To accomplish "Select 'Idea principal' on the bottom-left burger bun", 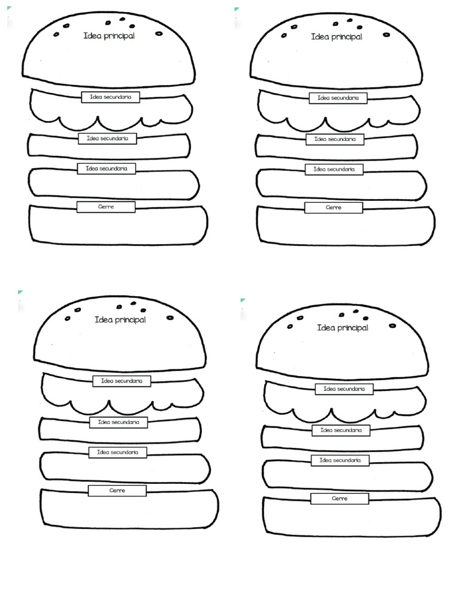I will coord(120,320).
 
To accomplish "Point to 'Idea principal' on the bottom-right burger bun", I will coord(342,328).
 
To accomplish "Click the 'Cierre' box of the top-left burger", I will coord(106,207).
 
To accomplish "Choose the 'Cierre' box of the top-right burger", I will coord(334,207).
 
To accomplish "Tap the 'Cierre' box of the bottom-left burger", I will coord(117,490).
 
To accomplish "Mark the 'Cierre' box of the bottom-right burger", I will coord(340,499).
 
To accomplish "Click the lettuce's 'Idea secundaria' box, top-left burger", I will coord(111,97).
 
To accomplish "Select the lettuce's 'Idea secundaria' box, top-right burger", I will coord(338,98).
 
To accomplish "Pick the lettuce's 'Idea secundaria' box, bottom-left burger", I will coord(122,381).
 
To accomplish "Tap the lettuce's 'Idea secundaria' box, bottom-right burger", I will coord(344,389).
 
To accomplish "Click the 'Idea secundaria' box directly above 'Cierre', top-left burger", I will coord(107,169).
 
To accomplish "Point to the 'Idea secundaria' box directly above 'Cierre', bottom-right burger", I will coord(340,460).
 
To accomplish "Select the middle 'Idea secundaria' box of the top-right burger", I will coord(335,139).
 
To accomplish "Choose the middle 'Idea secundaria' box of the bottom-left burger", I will coord(119,423).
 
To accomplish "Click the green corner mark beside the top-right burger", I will coord(237,10).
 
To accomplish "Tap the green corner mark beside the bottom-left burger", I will coord(20,293).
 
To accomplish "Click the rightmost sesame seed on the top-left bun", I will coord(159,34).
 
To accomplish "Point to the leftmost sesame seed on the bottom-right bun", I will coord(290,326).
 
